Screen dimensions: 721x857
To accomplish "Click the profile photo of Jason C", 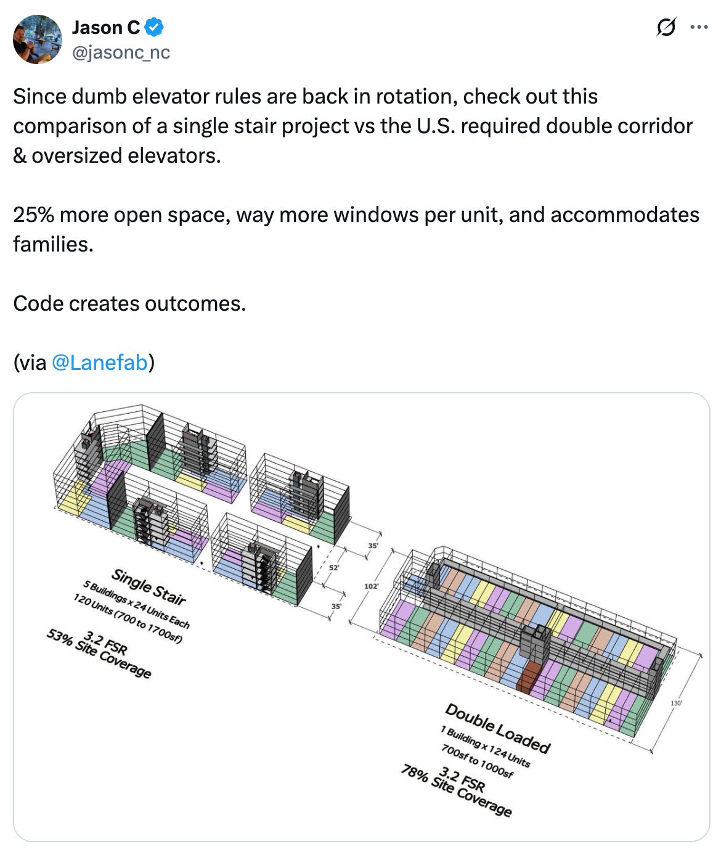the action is click(x=37, y=39).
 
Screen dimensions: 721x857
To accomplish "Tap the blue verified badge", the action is click(x=154, y=27).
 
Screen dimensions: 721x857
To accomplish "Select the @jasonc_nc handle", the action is click(x=121, y=53).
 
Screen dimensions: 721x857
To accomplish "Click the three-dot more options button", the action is click(x=699, y=27).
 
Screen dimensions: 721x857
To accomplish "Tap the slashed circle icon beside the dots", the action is click(x=666, y=27).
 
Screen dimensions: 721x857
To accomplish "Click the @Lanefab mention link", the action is click(x=100, y=363).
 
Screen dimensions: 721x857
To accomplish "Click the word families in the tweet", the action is click(x=52, y=244).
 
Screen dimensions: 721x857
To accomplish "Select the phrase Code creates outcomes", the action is click(x=129, y=303).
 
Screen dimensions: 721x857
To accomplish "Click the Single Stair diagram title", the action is click(x=149, y=586).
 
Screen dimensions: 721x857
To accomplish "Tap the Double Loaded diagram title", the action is click(x=497, y=728).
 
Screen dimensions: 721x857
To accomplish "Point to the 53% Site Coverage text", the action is click(x=99, y=654).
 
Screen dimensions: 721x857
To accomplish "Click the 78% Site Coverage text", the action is click(x=456, y=790).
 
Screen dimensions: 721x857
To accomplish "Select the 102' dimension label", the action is click(x=371, y=586).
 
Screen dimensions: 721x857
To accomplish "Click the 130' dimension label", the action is click(x=676, y=703).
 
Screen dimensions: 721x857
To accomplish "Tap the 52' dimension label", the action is click(x=334, y=567).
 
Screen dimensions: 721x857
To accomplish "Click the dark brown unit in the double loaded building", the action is click(x=528, y=678).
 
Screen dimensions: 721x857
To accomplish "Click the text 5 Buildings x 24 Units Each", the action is click(x=136, y=604).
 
